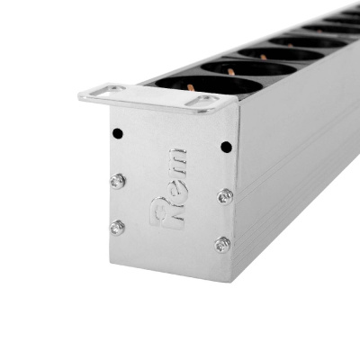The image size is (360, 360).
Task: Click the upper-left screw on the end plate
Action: coord(118,181)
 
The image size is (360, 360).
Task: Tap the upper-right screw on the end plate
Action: coord(225,197)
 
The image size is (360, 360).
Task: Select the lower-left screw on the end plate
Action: coord(117,228)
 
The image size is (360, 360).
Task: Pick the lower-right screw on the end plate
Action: coord(222,245)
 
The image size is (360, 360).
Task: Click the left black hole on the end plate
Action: coord(118,133)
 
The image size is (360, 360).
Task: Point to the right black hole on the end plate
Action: coord(226,147)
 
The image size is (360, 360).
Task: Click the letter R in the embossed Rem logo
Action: coord(167,213)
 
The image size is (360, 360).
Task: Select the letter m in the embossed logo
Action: coord(178,163)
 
